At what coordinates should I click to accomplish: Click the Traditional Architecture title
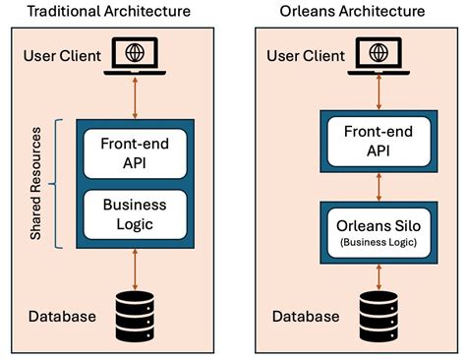click(x=109, y=13)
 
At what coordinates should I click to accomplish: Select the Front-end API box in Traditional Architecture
click(x=135, y=153)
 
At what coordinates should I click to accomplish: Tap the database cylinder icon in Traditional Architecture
click(x=135, y=312)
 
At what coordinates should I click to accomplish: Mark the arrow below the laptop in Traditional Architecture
click(x=135, y=98)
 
